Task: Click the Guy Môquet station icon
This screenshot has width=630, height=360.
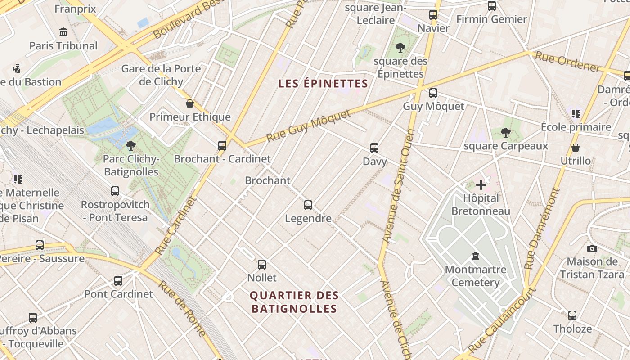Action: click(x=433, y=93)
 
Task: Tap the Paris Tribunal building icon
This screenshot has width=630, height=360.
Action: click(x=63, y=32)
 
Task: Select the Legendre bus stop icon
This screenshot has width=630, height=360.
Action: click(x=308, y=205)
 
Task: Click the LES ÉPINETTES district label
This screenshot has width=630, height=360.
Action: click(x=323, y=84)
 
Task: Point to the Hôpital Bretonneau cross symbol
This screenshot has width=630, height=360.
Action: click(x=481, y=184)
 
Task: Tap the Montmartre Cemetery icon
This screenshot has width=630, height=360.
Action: click(x=475, y=256)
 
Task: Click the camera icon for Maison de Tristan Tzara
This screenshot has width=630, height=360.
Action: click(x=592, y=248)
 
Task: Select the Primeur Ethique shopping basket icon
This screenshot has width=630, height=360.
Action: click(x=190, y=103)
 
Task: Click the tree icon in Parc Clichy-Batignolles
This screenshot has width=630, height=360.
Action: click(x=131, y=145)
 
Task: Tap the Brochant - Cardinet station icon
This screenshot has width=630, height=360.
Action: click(x=222, y=145)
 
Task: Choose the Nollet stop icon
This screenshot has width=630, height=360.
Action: click(x=262, y=265)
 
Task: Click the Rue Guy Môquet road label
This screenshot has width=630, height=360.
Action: click(x=308, y=126)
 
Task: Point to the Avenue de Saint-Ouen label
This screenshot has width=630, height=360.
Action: click(x=398, y=187)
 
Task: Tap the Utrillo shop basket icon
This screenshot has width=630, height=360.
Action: click(x=575, y=148)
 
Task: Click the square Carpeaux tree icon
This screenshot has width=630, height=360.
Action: click(x=506, y=132)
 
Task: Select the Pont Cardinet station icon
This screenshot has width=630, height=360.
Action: click(x=118, y=281)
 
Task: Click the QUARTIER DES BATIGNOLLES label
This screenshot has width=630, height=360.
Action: click(x=294, y=302)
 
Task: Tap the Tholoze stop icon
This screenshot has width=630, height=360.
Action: click(x=572, y=315)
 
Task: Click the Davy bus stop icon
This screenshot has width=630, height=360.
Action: click(x=374, y=148)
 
